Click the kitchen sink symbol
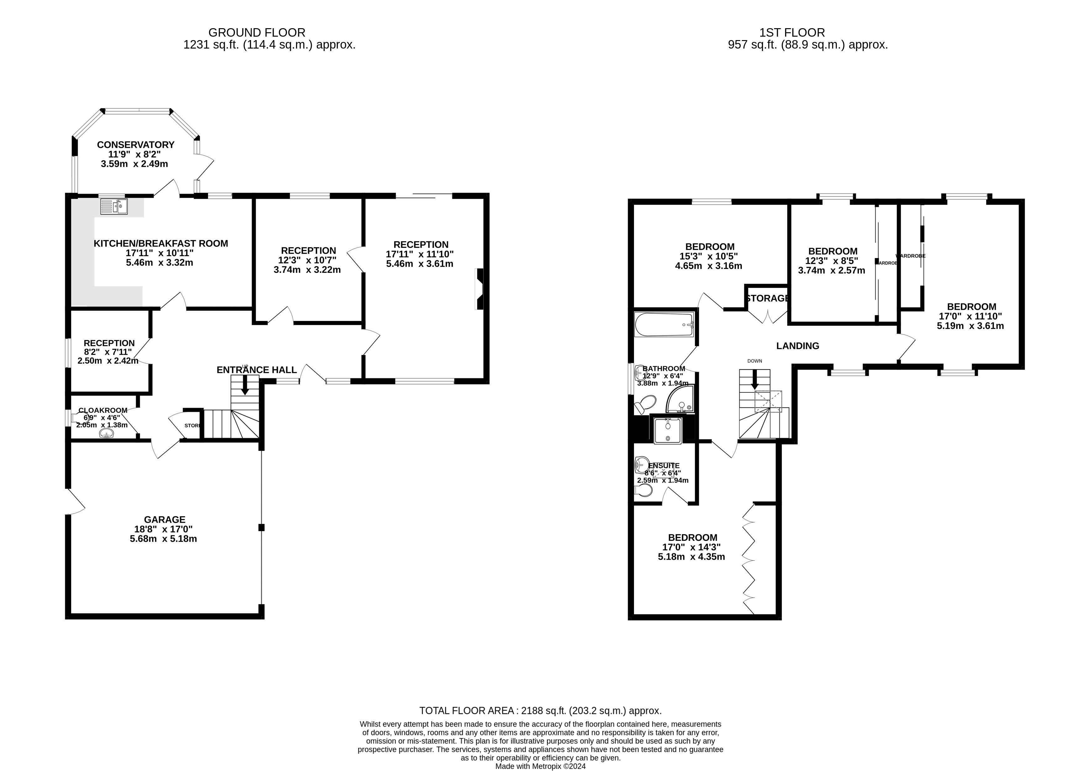coord(114,206)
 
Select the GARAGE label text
coord(165,520)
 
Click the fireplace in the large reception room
coord(480,289)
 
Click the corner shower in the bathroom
coord(681,399)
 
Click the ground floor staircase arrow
coord(245,385)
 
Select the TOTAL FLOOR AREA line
coord(540,711)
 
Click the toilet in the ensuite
coord(643,490)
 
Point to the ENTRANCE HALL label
coord(257,370)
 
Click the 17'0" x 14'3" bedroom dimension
coord(691,547)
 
